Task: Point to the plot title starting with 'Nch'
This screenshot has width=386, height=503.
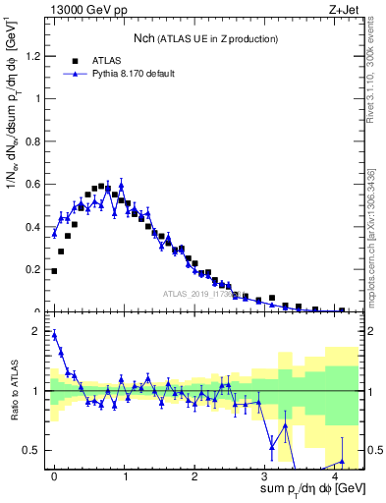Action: [205, 38]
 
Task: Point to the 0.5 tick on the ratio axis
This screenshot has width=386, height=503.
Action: [35, 450]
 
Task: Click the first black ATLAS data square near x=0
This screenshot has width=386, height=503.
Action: [54, 271]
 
